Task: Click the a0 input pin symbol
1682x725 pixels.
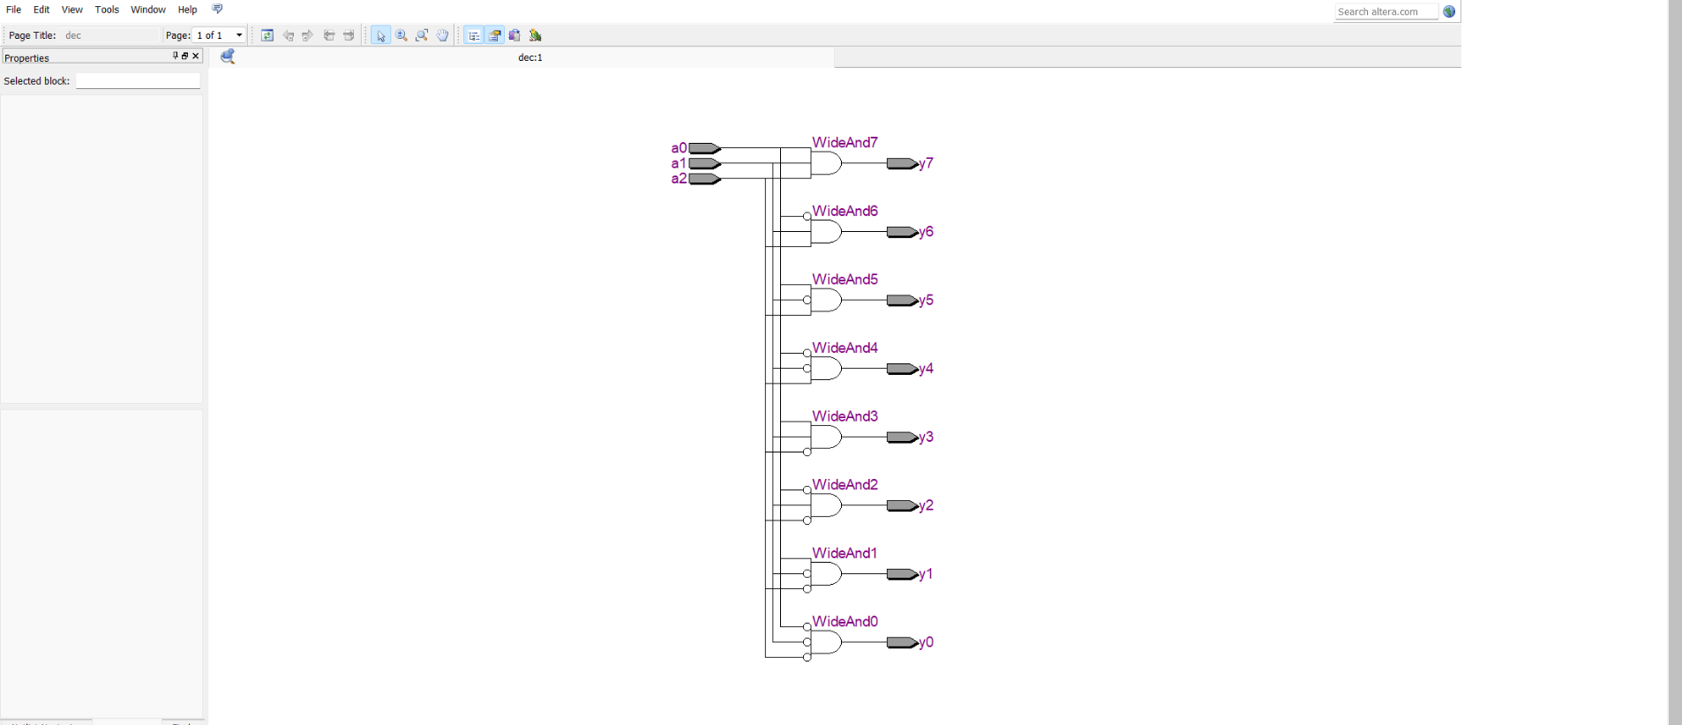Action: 704,148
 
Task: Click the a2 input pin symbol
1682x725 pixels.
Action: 704,179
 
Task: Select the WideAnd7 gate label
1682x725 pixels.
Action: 845,142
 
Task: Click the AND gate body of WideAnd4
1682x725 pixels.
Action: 827,369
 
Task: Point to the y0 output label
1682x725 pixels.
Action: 927,642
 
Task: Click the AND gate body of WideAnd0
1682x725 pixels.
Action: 827,642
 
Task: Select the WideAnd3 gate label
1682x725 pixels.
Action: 845,416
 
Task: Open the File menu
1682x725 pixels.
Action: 14,10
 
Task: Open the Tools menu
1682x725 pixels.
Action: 107,10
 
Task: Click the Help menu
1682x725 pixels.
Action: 187,10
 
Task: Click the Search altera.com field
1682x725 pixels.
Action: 1385,11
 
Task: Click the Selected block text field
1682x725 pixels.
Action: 138,81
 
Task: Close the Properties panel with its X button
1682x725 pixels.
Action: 196,56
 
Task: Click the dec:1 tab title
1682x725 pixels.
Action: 530,57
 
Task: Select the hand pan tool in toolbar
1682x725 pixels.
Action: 442,35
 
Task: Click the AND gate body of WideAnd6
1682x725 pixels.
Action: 827,232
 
